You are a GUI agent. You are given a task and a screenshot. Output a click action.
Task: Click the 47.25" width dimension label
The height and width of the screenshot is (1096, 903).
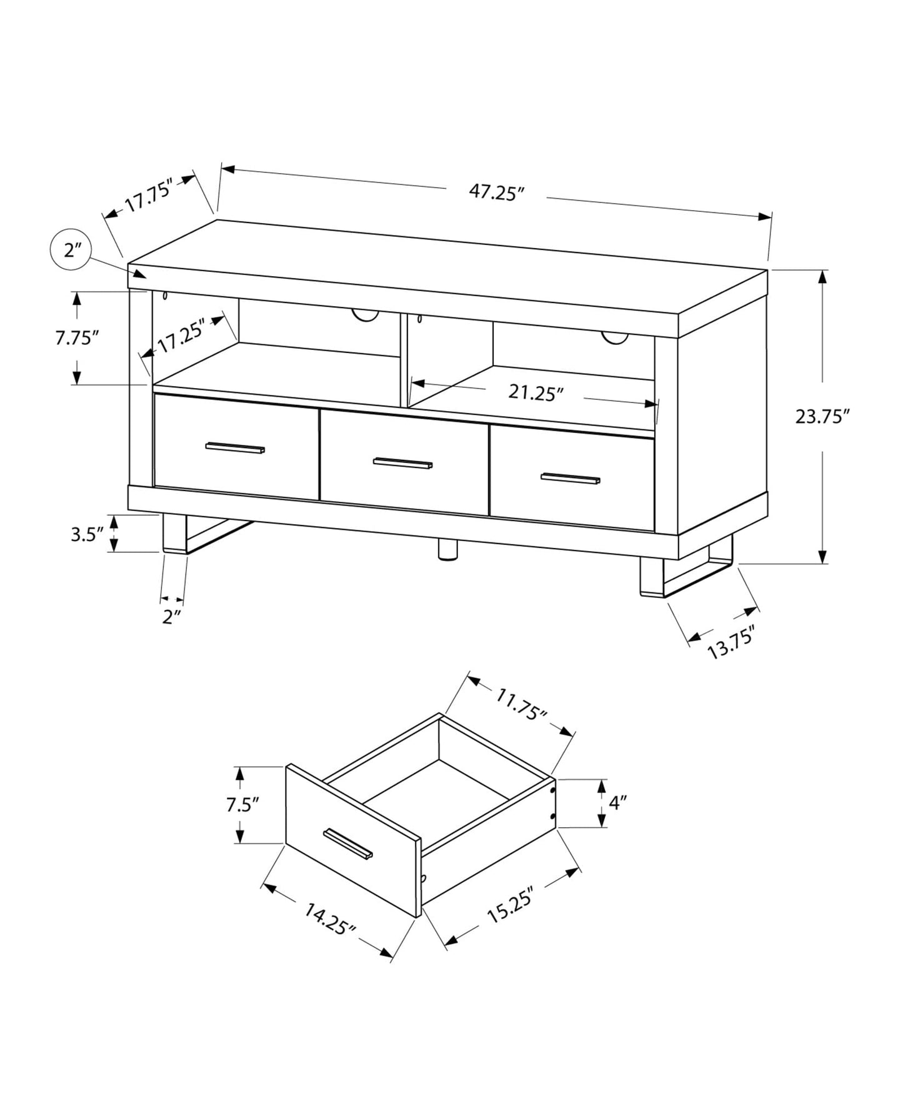496,192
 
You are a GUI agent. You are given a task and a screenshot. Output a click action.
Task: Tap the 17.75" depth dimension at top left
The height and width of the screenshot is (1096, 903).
148,196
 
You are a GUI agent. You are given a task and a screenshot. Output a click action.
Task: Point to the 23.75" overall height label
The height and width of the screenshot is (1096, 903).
822,416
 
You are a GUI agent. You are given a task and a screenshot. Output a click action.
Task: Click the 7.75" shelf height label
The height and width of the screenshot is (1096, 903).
77,338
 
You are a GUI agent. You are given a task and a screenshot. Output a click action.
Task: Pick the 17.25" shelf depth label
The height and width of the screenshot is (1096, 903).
181,336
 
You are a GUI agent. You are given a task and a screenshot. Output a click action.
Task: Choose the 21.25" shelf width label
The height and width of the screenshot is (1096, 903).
536,392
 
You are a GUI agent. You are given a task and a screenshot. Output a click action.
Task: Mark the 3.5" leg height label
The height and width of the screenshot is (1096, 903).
86,534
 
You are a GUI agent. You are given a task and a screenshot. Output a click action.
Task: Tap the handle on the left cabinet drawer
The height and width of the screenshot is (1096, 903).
235,447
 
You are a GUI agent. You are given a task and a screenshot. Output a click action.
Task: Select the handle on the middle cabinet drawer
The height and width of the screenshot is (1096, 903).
402,463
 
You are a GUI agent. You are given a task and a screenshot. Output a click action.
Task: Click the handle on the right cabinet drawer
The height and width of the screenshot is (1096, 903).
570,479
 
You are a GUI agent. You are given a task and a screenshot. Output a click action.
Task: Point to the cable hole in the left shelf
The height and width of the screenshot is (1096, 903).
365,316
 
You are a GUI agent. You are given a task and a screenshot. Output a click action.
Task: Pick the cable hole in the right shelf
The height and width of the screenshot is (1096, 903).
615,337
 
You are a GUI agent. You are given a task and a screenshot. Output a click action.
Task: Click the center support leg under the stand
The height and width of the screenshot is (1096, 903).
447,549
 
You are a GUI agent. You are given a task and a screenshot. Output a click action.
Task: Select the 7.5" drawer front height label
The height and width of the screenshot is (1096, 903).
242,804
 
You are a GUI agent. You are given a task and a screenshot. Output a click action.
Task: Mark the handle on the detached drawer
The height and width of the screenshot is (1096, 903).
348,844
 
